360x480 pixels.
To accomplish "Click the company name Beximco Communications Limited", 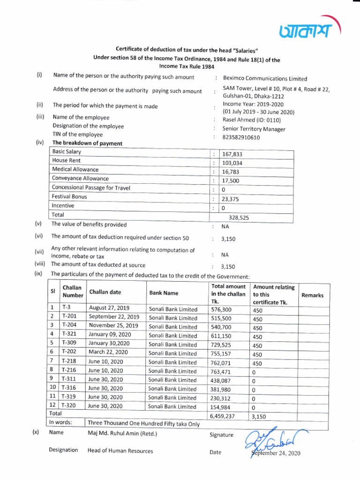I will pyautogui.click(x=265, y=79).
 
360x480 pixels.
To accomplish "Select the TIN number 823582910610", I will pyautogui.click(x=241, y=137).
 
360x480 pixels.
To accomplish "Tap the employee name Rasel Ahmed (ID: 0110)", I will pyautogui.click(x=248, y=120).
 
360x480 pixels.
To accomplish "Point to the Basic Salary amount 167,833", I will pyautogui.click(x=232, y=154).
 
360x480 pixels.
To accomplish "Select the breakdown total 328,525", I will pyautogui.click(x=239, y=217).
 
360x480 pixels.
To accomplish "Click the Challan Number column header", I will pyautogui.click(x=73, y=292).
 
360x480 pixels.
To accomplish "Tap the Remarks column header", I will pyautogui.click(x=312, y=295).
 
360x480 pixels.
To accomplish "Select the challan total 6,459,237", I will pyautogui.click(x=223, y=416).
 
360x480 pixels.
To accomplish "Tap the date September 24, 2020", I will pyautogui.click(x=276, y=453).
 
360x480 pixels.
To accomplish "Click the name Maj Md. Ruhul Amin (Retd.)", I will pyautogui.click(x=122, y=433).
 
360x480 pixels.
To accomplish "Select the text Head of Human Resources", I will pyautogui.click(x=120, y=450).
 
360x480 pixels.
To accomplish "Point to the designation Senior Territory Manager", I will pyautogui.click(x=254, y=129).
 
